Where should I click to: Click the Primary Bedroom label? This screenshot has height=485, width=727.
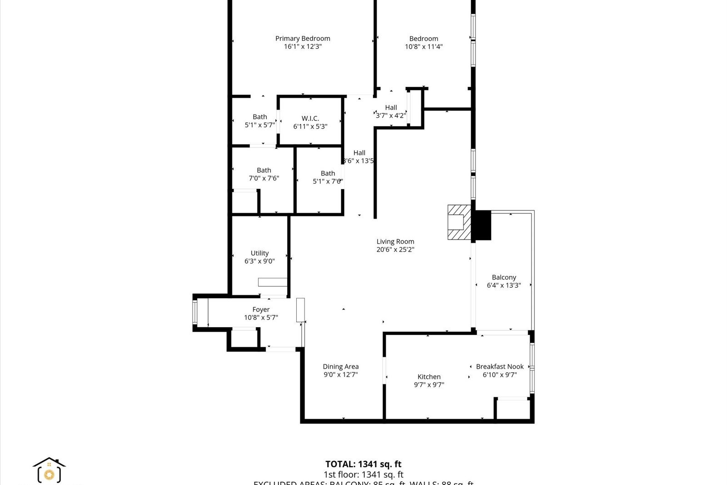pyautogui.click(x=303, y=39)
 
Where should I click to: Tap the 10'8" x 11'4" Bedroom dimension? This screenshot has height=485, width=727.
pyautogui.click(x=423, y=46)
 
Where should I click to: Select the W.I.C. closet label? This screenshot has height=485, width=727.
pyautogui.click(x=310, y=119)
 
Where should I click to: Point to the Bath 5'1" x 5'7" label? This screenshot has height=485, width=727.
pyautogui.click(x=260, y=121)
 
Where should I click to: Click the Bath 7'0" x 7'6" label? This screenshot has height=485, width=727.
pyautogui.click(x=264, y=175)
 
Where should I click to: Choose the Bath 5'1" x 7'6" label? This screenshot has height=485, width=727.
pyautogui.click(x=328, y=177)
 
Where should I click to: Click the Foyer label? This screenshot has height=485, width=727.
pyautogui.click(x=261, y=310)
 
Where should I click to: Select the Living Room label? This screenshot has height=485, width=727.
pyautogui.click(x=395, y=242)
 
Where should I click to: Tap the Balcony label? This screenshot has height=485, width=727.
pyautogui.click(x=504, y=277)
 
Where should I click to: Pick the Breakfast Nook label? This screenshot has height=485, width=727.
pyautogui.click(x=500, y=366)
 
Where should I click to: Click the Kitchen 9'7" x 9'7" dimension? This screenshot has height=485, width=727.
pyautogui.click(x=429, y=385)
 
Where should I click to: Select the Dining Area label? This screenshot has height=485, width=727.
pyautogui.click(x=341, y=366)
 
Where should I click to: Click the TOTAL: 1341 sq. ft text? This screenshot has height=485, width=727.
pyautogui.click(x=363, y=464)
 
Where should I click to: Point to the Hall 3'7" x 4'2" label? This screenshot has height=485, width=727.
pyautogui.click(x=391, y=111)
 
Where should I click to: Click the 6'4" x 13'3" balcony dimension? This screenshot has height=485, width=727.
pyautogui.click(x=504, y=285)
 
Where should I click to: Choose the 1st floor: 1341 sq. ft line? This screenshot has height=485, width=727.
pyautogui.click(x=363, y=475)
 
